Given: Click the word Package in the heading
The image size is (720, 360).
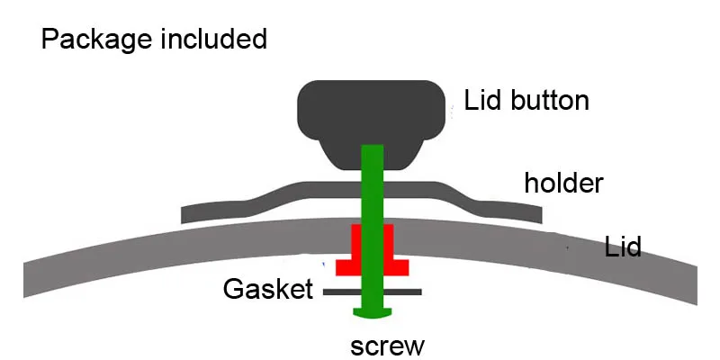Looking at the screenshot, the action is pos(96,40).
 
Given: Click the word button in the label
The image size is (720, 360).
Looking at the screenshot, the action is pos(550,100).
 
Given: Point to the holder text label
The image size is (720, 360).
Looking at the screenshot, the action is pos(563,183).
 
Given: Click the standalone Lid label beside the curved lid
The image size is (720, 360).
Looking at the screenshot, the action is pos(623,247).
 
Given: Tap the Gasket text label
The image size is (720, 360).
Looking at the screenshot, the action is pos(267,289).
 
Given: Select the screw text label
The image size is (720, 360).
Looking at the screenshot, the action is pos(388,346).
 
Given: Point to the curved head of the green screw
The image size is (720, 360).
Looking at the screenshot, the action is pos(373,312).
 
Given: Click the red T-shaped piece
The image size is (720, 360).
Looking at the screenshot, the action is pos(372,250).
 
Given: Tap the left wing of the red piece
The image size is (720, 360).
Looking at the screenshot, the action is pos(348,267).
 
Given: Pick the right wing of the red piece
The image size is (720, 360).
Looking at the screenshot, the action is pos(396,267).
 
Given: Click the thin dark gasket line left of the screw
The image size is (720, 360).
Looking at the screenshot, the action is pos(342,292).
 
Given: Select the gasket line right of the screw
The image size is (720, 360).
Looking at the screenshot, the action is pos(402,292).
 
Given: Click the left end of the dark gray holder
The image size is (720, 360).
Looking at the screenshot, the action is pos(183,215).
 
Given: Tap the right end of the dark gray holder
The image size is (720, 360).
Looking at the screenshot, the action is pos(541,215).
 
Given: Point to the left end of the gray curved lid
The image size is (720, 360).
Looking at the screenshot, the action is pos(25,280).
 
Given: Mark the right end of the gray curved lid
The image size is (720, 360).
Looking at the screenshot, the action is pos(696,286).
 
